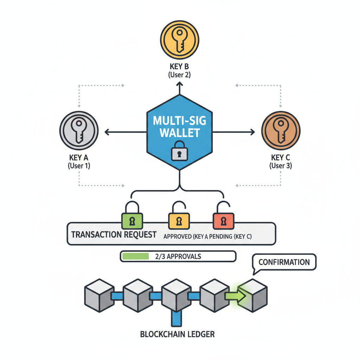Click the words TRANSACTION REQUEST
[x=114, y=234]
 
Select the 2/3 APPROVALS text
[x=178, y=256]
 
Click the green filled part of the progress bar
[x=135, y=256]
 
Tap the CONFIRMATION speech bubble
[x=284, y=263]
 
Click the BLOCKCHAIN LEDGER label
[x=177, y=334]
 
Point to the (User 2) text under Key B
[x=179, y=75]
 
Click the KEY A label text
[x=79, y=158]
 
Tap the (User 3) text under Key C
[x=281, y=166]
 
